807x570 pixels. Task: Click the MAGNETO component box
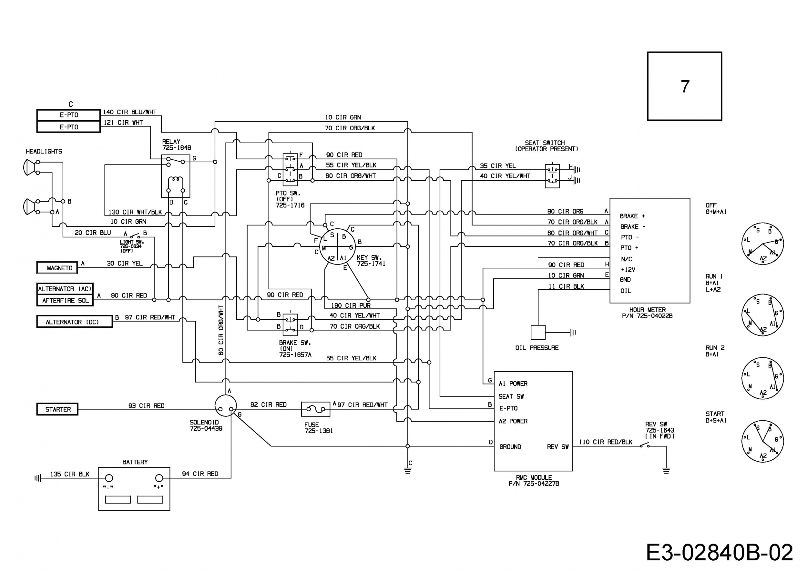pos(57,268)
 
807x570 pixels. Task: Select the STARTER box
pos(57,409)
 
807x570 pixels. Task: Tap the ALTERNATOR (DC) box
pos(75,322)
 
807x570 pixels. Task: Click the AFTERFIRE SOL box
pos(65,300)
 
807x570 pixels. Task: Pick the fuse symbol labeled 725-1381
pos(316,409)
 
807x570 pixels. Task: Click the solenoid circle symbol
pos(226,405)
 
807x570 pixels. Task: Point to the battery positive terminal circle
pos(159,478)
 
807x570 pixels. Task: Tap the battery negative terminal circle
pos(109,478)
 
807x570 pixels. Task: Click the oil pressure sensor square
pos(538,332)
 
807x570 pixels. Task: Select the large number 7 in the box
pos(685,86)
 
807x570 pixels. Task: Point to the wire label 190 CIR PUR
pos(351,305)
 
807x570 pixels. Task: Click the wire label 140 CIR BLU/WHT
pos(130,112)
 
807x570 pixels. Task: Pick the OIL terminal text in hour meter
pos(626,291)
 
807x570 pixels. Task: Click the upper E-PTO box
pos(68,115)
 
